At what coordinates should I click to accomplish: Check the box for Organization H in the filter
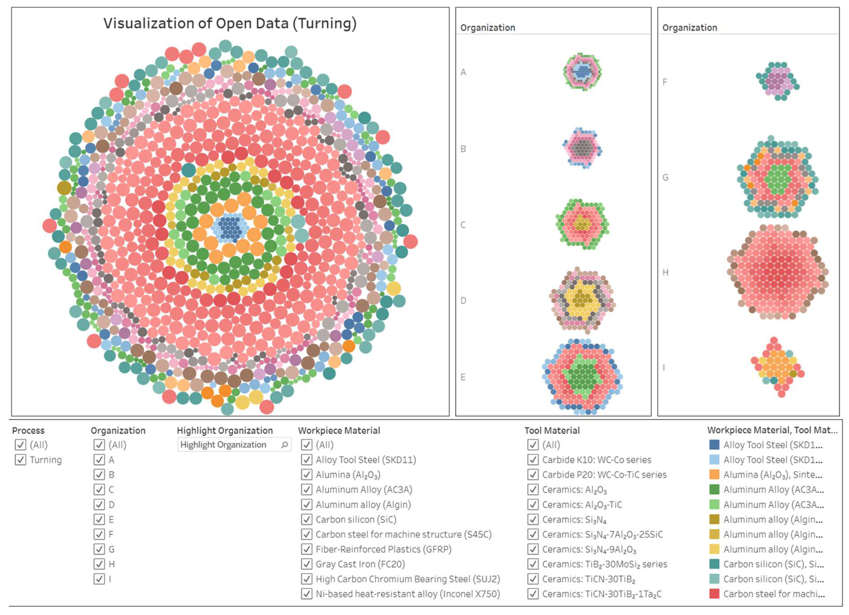point(99,564)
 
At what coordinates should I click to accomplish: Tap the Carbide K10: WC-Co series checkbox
point(533,459)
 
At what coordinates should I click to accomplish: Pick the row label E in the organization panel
point(463,377)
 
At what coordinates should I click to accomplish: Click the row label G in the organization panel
point(665,177)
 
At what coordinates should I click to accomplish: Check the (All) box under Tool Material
point(533,444)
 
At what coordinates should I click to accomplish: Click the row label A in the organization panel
point(463,72)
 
